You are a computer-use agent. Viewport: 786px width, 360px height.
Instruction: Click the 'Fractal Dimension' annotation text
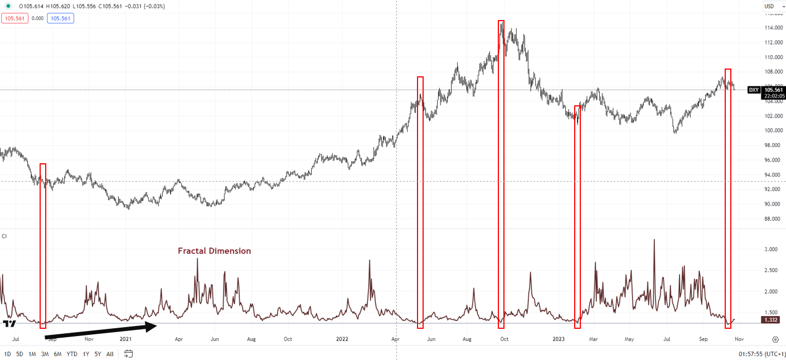tap(214, 251)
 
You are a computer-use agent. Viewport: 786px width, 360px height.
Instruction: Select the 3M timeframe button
tap(45, 354)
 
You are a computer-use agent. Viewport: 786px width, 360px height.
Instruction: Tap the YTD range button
tap(72, 354)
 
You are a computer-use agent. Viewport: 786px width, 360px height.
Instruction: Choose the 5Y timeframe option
tap(98, 354)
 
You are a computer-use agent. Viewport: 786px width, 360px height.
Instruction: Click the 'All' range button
tap(110, 354)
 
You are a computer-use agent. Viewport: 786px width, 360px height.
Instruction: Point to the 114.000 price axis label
tap(772, 28)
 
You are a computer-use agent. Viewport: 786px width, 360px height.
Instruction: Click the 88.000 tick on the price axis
tap(772, 218)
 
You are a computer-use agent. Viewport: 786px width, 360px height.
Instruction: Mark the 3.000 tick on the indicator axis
tap(771, 250)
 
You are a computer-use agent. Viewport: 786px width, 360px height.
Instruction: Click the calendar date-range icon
tap(129, 353)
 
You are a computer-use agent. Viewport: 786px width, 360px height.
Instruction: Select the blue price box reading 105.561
tap(61, 18)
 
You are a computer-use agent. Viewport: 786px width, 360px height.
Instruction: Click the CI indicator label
tap(4, 236)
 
